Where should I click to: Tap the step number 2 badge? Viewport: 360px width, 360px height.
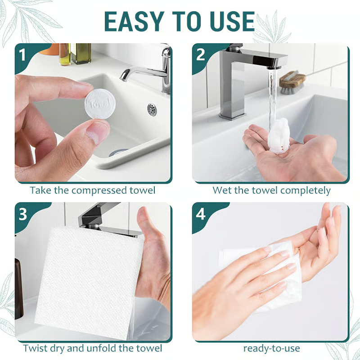tap(201, 54)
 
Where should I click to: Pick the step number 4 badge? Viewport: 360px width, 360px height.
tap(201, 214)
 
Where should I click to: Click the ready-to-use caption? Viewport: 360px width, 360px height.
tap(271, 348)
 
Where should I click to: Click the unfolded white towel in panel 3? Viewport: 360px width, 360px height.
tap(85, 279)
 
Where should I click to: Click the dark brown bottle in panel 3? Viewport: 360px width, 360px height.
tap(18, 288)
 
